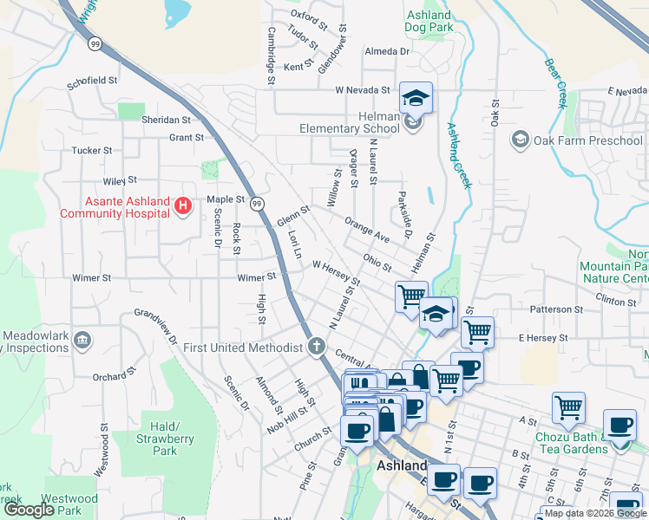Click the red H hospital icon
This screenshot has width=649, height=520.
[x=182, y=205]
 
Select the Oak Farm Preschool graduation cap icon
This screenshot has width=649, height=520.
[x=520, y=140]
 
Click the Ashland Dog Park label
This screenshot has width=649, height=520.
[x=429, y=21]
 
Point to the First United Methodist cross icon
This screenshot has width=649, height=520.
[x=317, y=348]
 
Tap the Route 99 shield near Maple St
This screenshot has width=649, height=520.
[x=257, y=204]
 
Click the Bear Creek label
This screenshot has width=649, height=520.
[x=554, y=84]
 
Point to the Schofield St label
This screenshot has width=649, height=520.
[x=92, y=80]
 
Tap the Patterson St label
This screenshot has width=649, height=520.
[x=556, y=309]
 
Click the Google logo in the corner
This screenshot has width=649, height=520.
[x=29, y=510]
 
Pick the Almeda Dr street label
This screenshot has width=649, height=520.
[x=386, y=52]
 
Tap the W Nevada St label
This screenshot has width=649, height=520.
[x=364, y=90]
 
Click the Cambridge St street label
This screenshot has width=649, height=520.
[x=271, y=55]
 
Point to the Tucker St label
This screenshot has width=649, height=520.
[x=92, y=150]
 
